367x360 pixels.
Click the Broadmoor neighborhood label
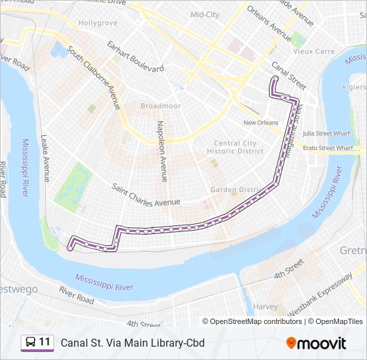click(x=161, y=105)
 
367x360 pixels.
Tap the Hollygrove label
click(x=98, y=23)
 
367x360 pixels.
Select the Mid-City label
click(x=204, y=14)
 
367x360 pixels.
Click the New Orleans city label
click(x=260, y=123)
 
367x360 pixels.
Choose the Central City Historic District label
click(x=236, y=147)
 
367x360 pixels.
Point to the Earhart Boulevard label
click(x=136, y=58)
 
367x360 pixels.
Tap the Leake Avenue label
click(x=45, y=159)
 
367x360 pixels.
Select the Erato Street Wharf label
click(x=326, y=148)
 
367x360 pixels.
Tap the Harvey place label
click(x=265, y=307)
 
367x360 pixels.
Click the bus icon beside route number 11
click(x=31, y=343)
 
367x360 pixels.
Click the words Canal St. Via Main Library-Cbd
click(x=133, y=343)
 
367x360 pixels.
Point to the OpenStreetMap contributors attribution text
click(x=252, y=321)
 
